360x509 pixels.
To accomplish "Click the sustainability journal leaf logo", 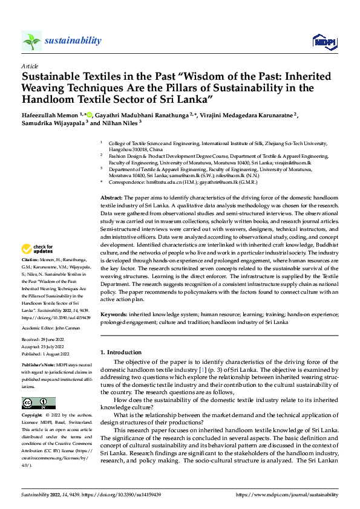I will pyautogui.click(x=32, y=41).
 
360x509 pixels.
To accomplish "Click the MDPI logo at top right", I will pyautogui.click(x=324, y=41).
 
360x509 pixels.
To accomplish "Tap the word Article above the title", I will pyautogui.click(x=30, y=66).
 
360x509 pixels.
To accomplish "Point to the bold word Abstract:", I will pyautogui.click(x=111, y=198).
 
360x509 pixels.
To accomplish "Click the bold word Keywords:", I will pyautogui.click(x=113, y=315).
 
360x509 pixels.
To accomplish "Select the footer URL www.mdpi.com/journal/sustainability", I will pyautogui.click(x=289, y=494).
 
